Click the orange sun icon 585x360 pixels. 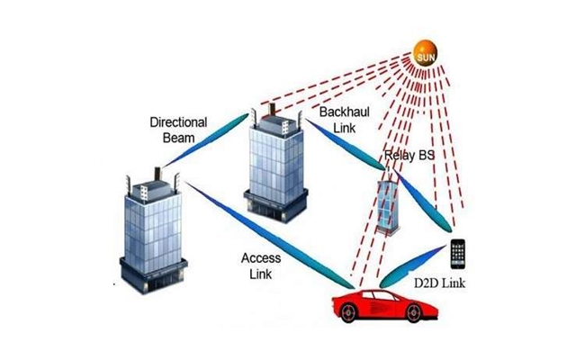tap(424, 57)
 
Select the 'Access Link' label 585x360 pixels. tap(260, 265)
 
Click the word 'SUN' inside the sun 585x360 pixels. tap(424, 58)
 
